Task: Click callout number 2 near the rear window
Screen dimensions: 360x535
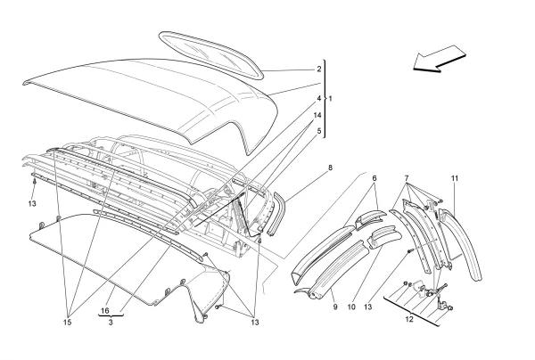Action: pyautogui.click(x=318, y=69)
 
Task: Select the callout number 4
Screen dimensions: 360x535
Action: pyautogui.click(x=318, y=98)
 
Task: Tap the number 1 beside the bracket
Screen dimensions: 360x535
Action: pyautogui.click(x=331, y=98)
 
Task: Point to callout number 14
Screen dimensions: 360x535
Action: pyautogui.click(x=318, y=115)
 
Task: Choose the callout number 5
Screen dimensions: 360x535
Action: pyautogui.click(x=318, y=131)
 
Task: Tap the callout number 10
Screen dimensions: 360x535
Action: pyautogui.click(x=352, y=307)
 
